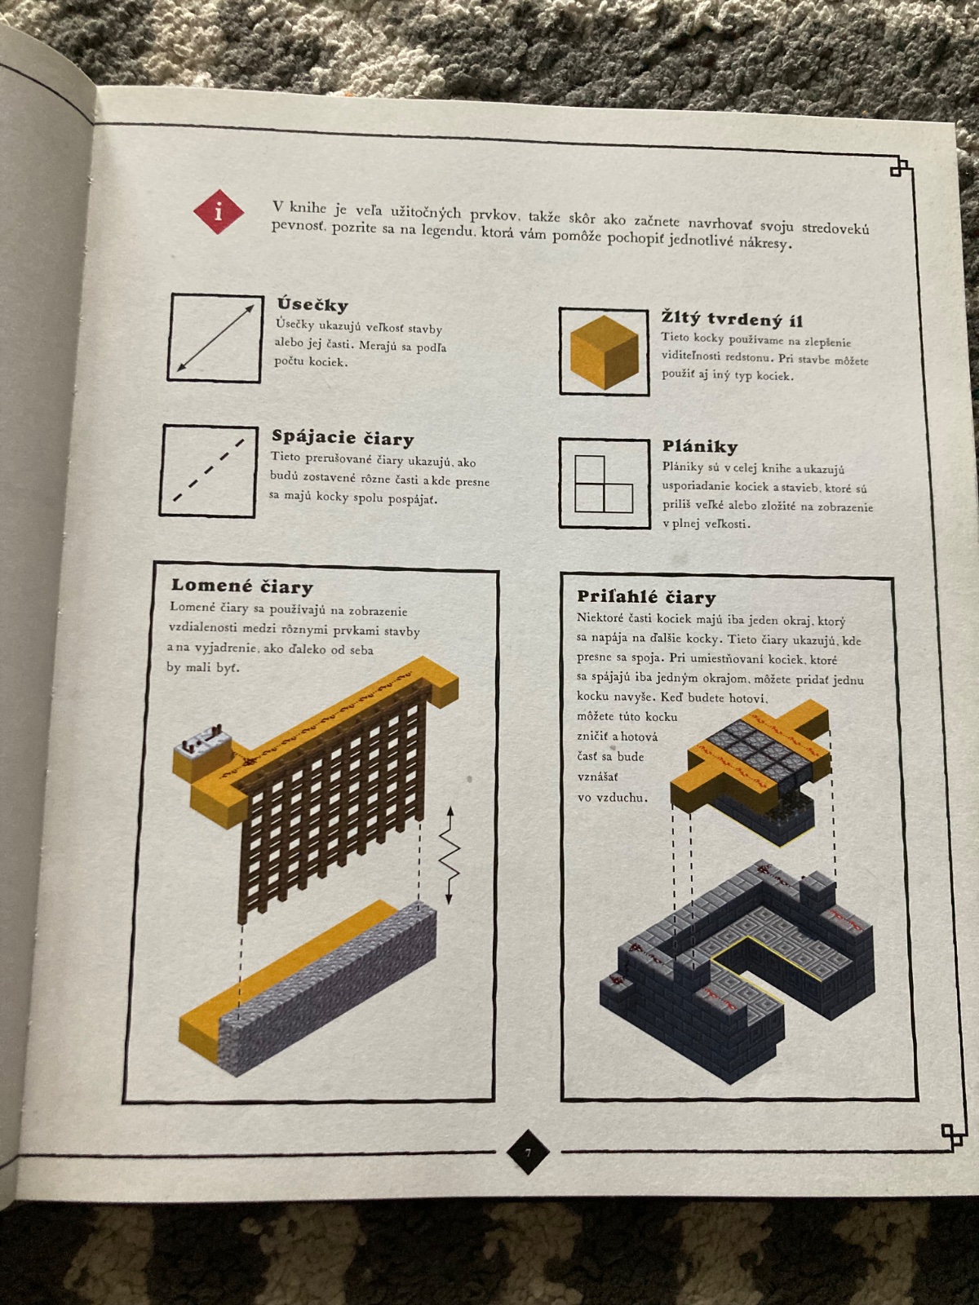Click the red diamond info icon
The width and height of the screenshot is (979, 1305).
[x=218, y=211]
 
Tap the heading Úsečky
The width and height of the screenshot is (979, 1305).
[x=312, y=304]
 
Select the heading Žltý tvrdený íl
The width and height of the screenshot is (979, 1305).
[x=732, y=319]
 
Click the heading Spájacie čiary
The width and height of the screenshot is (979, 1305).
[x=343, y=437]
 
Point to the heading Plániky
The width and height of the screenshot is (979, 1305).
[x=699, y=446]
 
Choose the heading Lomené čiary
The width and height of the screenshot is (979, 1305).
[x=242, y=586]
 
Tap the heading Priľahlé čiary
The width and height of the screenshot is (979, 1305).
[x=646, y=596]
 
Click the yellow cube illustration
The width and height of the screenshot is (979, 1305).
[x=604, y=352]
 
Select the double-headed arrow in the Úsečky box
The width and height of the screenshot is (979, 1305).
[x=215, y=338]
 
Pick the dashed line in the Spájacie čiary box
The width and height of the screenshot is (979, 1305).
[x=208, y=471]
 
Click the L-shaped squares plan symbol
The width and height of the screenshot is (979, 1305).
[x=604, y=484]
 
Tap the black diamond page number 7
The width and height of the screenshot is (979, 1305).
[x=527, y=1152]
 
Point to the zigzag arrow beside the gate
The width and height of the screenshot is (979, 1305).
[x=450, y=856]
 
